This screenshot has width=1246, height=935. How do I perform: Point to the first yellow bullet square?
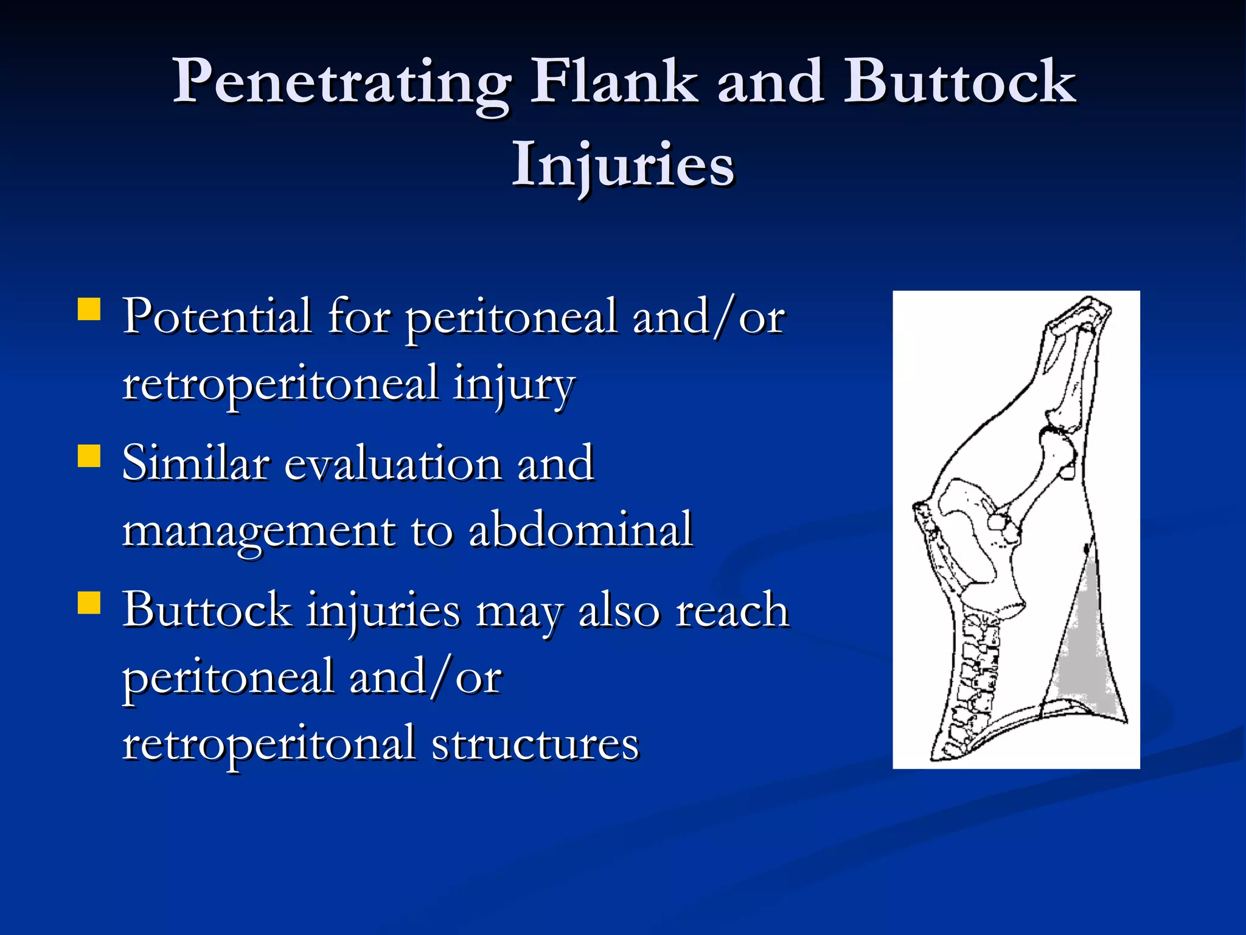click(x=89, y=309)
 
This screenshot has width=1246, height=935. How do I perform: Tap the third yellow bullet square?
click(x=89, y=603)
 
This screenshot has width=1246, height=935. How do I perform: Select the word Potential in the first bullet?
click(x=217, y=317)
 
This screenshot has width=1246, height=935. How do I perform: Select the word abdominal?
click(x=580, y=530)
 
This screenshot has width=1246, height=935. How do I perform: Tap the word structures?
click(x=535, y=744)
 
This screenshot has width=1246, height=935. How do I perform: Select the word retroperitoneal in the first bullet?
click(x=280, y=385)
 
